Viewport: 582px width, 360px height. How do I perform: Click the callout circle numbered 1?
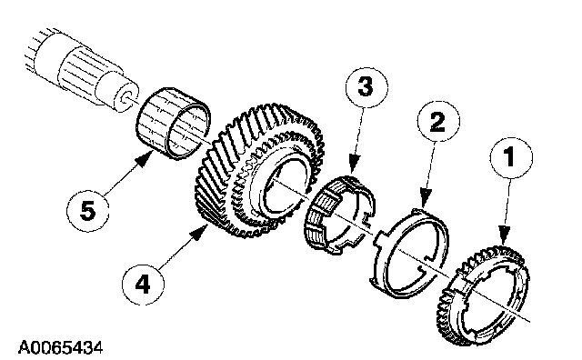(x=511, y=157)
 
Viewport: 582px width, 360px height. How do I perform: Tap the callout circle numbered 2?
(x=438, y=121)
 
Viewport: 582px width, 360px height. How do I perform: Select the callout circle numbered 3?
(x=366, y=87)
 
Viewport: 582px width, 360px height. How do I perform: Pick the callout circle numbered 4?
(x=143, y=285)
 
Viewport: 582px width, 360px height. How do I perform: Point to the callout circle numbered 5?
(x=88, y=211)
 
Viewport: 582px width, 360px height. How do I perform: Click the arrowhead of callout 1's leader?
(x=503, y=236)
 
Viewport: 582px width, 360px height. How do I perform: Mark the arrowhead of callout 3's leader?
(x=354, y=165)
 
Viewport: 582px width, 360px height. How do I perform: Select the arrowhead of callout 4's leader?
(x=199, y=233)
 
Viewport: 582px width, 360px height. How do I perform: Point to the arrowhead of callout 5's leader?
(x=145, y=160)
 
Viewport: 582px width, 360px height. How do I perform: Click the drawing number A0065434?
(x=61, y=348)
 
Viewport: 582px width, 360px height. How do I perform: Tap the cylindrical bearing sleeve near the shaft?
(x=173, y=124)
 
